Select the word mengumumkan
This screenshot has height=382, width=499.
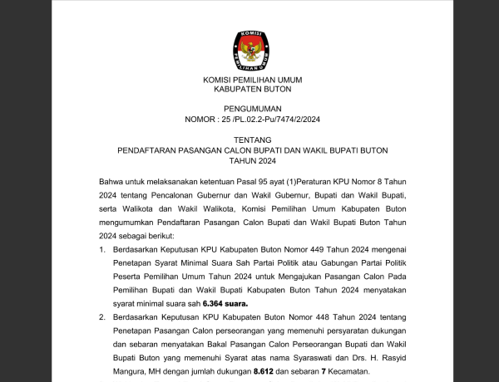133,223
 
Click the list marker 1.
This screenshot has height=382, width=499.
102,248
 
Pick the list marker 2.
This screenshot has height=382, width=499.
102,318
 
